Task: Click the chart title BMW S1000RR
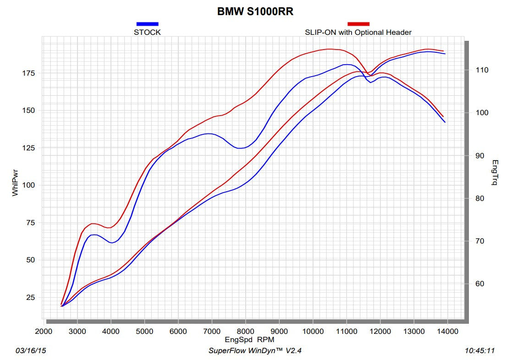pos(255,11)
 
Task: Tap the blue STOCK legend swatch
pos(147,24)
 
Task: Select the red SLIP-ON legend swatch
pos(358,24)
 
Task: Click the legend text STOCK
pos(147,32)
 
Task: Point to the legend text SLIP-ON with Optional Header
pos(358,32)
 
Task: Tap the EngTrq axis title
pos(495,172)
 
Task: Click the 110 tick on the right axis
pos(482,70)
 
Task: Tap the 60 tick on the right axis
pos(480,284)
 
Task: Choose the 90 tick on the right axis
pos(480,156)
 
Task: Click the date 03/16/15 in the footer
pos(31,351)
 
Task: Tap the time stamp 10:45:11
pos(479,351)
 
